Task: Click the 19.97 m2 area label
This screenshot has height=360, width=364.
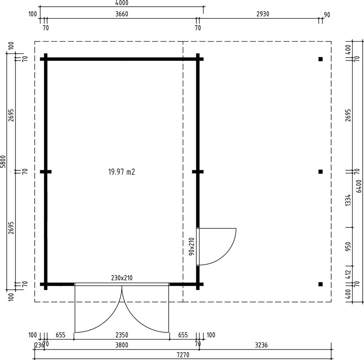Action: click(x=122, y=172)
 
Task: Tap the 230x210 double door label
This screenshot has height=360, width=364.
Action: click(x=122, y=278)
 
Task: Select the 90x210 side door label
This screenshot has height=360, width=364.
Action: click(x=192, y=246)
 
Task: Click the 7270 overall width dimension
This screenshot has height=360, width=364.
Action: click(x=183, y=355)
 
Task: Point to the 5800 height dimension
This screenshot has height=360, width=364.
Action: click(x=3, y=162)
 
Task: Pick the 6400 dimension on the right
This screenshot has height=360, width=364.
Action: click(x=359, y=186)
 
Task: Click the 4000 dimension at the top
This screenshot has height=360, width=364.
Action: click(x=122, y=3)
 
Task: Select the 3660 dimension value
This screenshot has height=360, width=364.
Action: click(x=122, y=14)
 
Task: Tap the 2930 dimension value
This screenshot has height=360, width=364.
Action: click(x=263, y=14)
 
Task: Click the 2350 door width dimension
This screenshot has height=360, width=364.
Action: click(x=122, y=335)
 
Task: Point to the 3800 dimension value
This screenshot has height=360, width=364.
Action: click(x=122, y=345)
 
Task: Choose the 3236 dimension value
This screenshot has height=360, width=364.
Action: click(x=261, y=345)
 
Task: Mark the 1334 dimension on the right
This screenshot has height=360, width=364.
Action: click(x=348, y=200)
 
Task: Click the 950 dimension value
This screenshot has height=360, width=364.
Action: click(x=348, y=247)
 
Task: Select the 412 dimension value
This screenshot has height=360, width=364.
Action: click(x=348, y=275)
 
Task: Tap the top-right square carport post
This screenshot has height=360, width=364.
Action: click(x=321, y=59)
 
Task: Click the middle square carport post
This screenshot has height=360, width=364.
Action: click(x=321, y=172)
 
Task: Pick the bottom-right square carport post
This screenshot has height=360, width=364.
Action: click(x=321, y=284)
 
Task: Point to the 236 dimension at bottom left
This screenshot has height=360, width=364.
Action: click(x=39, y=345)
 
